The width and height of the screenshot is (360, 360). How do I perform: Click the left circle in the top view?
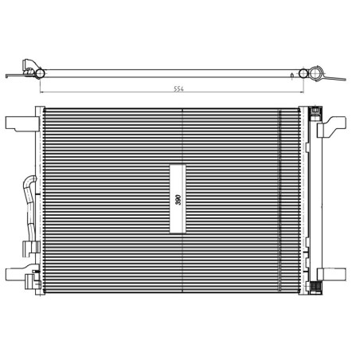[37, 73]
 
